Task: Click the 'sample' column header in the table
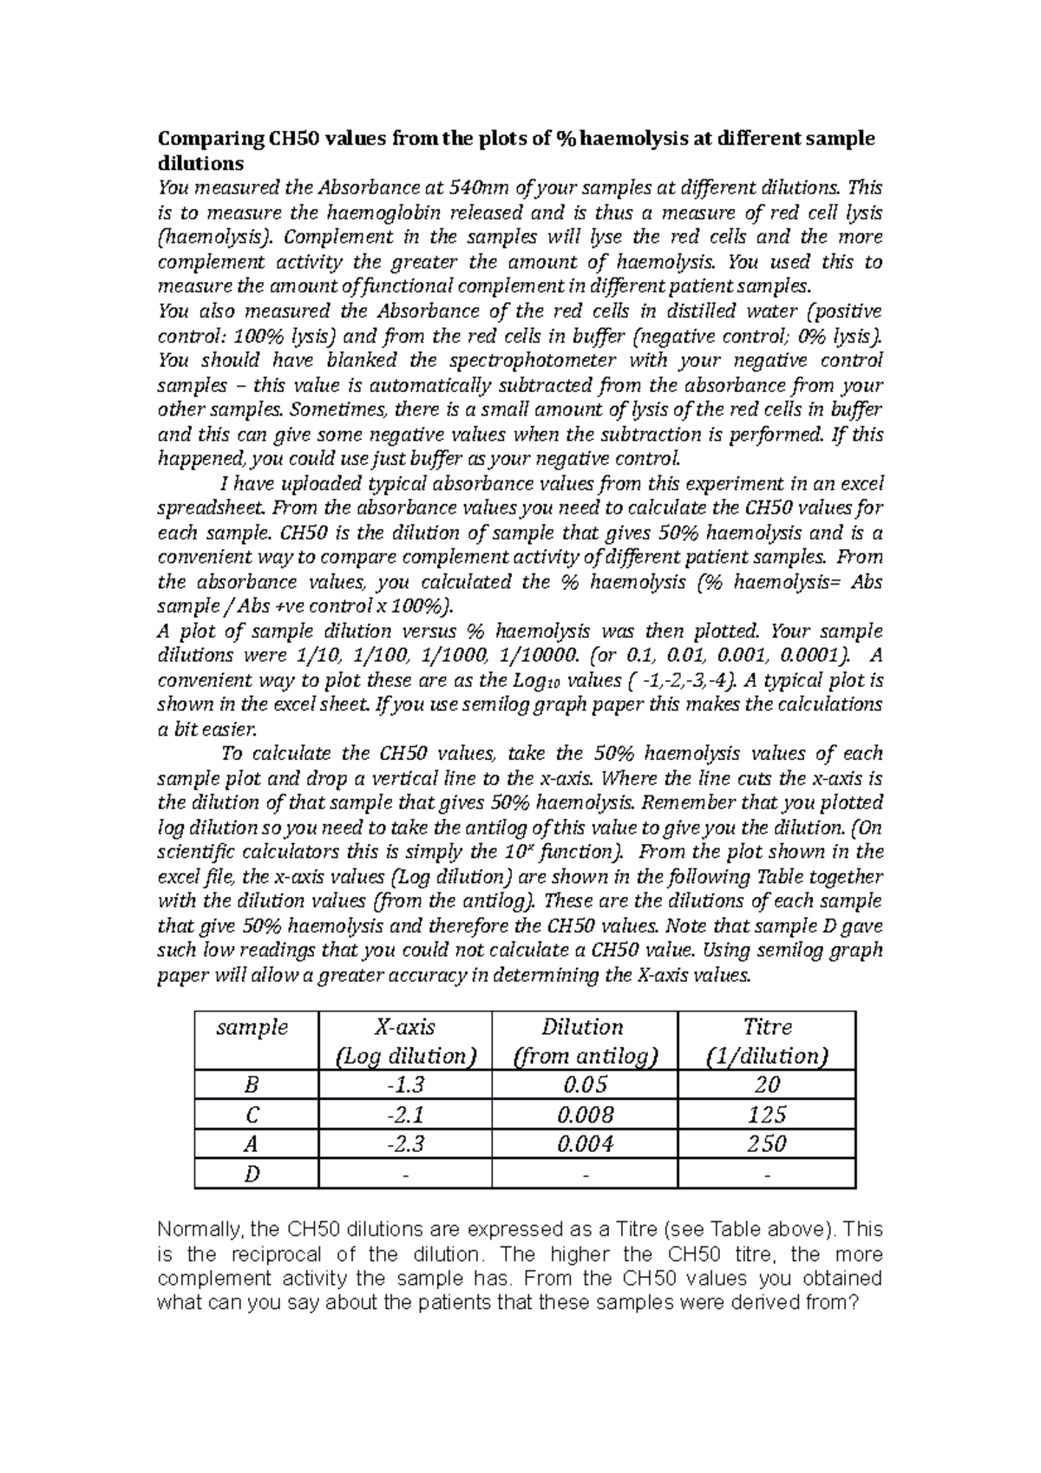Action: pos(252,1028)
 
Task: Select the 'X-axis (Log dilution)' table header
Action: pos(404,1041)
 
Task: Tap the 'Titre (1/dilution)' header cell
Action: pos(767,1041)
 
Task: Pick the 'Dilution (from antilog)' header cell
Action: pos(583,1041)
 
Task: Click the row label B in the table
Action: pos(252,1084)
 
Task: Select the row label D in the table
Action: pos(252,1174)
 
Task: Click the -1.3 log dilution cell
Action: pos(404,1084)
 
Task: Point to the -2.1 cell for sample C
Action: pos(404,1114)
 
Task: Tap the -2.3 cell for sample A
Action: pos(404,1144)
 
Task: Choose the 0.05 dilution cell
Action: pos(583,1084)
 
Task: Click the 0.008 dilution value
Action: pos(583,1114)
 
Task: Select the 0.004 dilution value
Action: pos(583,1144)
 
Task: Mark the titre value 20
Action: pos(767,1084)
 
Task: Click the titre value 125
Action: pos(767,1114)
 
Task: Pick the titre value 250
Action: pos(767,1144)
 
